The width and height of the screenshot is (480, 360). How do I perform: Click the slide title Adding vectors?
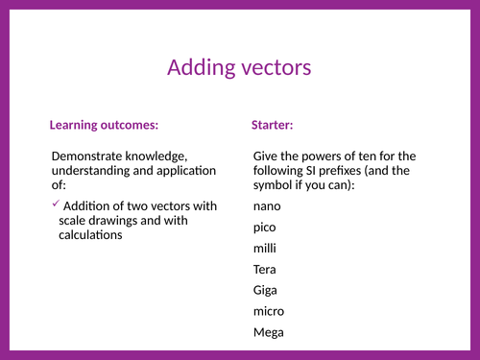[x=239, y=68]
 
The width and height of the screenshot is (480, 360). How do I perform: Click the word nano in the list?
[x=269, y=205]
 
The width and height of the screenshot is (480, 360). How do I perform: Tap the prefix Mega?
[x=269, y=332]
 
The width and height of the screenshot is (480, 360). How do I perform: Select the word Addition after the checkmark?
[x=88, y=205]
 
